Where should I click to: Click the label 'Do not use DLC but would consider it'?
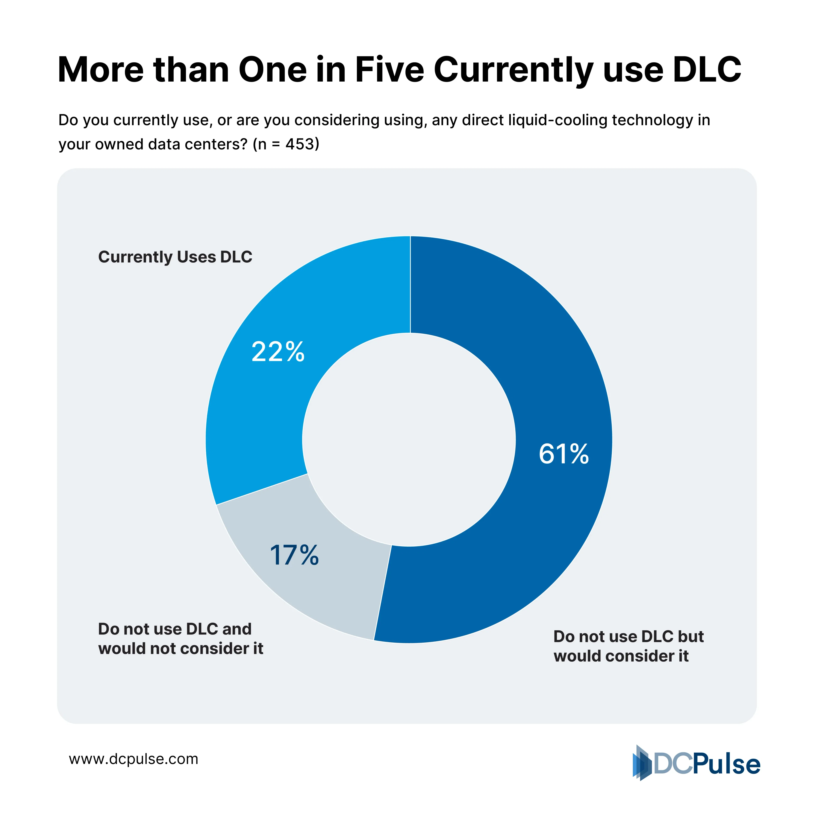[628, 646]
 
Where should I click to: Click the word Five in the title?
[389, 70]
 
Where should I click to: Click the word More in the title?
[100, 70]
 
